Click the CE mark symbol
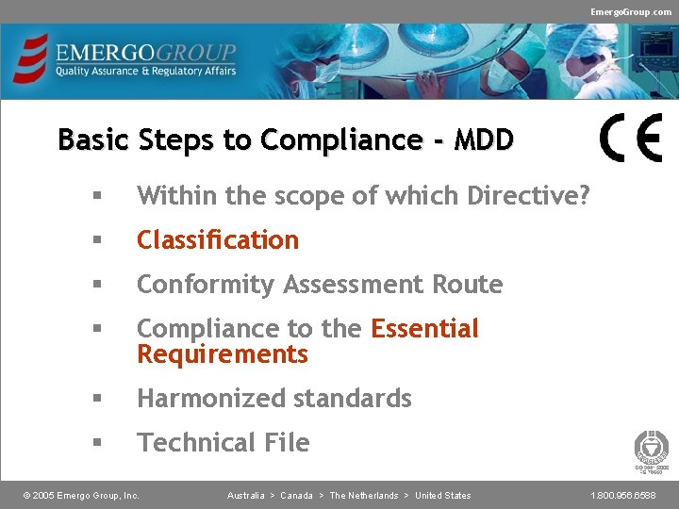pos(631,139)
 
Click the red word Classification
pos(218,240)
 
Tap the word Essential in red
pos(424,329)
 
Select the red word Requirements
pos(223,354)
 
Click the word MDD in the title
pos(484,140)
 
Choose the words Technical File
pos(224,443)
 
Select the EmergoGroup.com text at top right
pos(631,11)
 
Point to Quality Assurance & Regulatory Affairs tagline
pos(145,72)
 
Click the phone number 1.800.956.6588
pos(623,496)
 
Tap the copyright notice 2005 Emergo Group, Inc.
pos(81,496)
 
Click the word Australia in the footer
pos(245,496)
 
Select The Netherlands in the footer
pos(363,496)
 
